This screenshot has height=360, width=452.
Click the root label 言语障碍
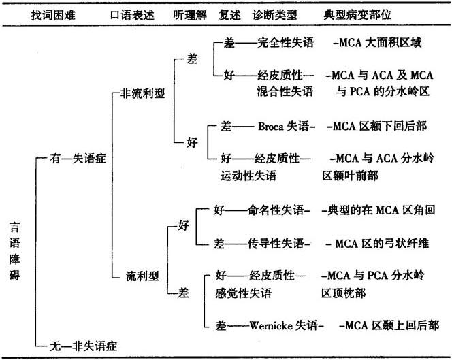click(x=14, y=252)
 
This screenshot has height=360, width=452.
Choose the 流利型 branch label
click(x=142, y=276)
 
